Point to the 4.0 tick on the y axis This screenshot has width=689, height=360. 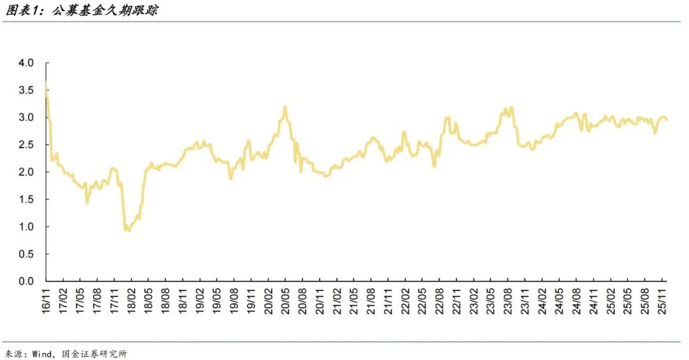click(26, 63)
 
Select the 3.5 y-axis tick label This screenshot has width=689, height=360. click(26, 91)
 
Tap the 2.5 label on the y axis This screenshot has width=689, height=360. click(26, 145)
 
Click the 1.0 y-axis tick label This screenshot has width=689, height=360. click(26, 227)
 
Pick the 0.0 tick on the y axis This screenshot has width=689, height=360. click(26, 281)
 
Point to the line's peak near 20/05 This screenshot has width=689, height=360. click(285, 107)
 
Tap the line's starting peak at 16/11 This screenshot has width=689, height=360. click(46, 84)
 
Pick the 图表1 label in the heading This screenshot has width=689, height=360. click(20, 11)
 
